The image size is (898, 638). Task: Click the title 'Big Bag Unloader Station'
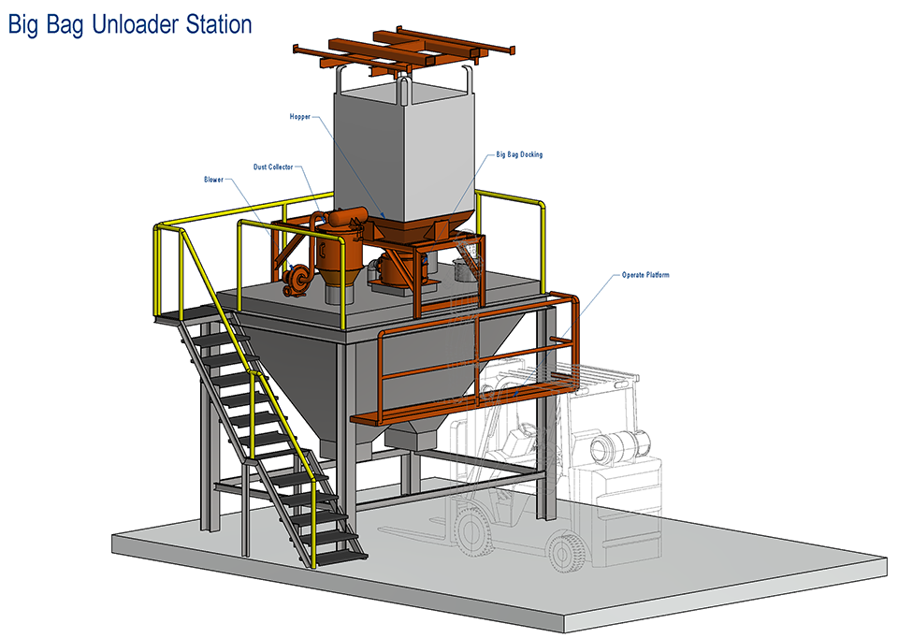pyautogui.click(x=130, y=23)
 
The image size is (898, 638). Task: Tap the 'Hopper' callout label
pyautogui.click(x=299, y=117)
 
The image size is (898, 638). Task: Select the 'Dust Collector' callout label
pyautogui.click(x=273, y=167)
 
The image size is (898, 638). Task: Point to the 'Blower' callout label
pyautogui.click(x=213, y=179)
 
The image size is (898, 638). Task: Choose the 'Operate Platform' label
pyautogui.click(x=645, y=275)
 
